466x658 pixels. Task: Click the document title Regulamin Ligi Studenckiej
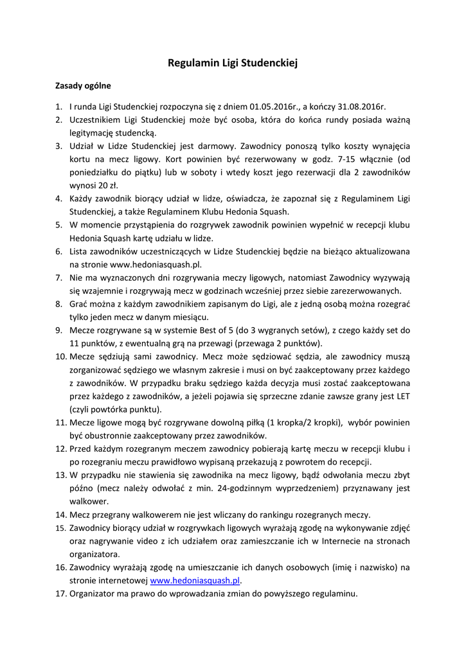click(233, 63)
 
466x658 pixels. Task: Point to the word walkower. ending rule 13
click(89, 501)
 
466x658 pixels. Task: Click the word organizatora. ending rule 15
click(95, 554)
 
